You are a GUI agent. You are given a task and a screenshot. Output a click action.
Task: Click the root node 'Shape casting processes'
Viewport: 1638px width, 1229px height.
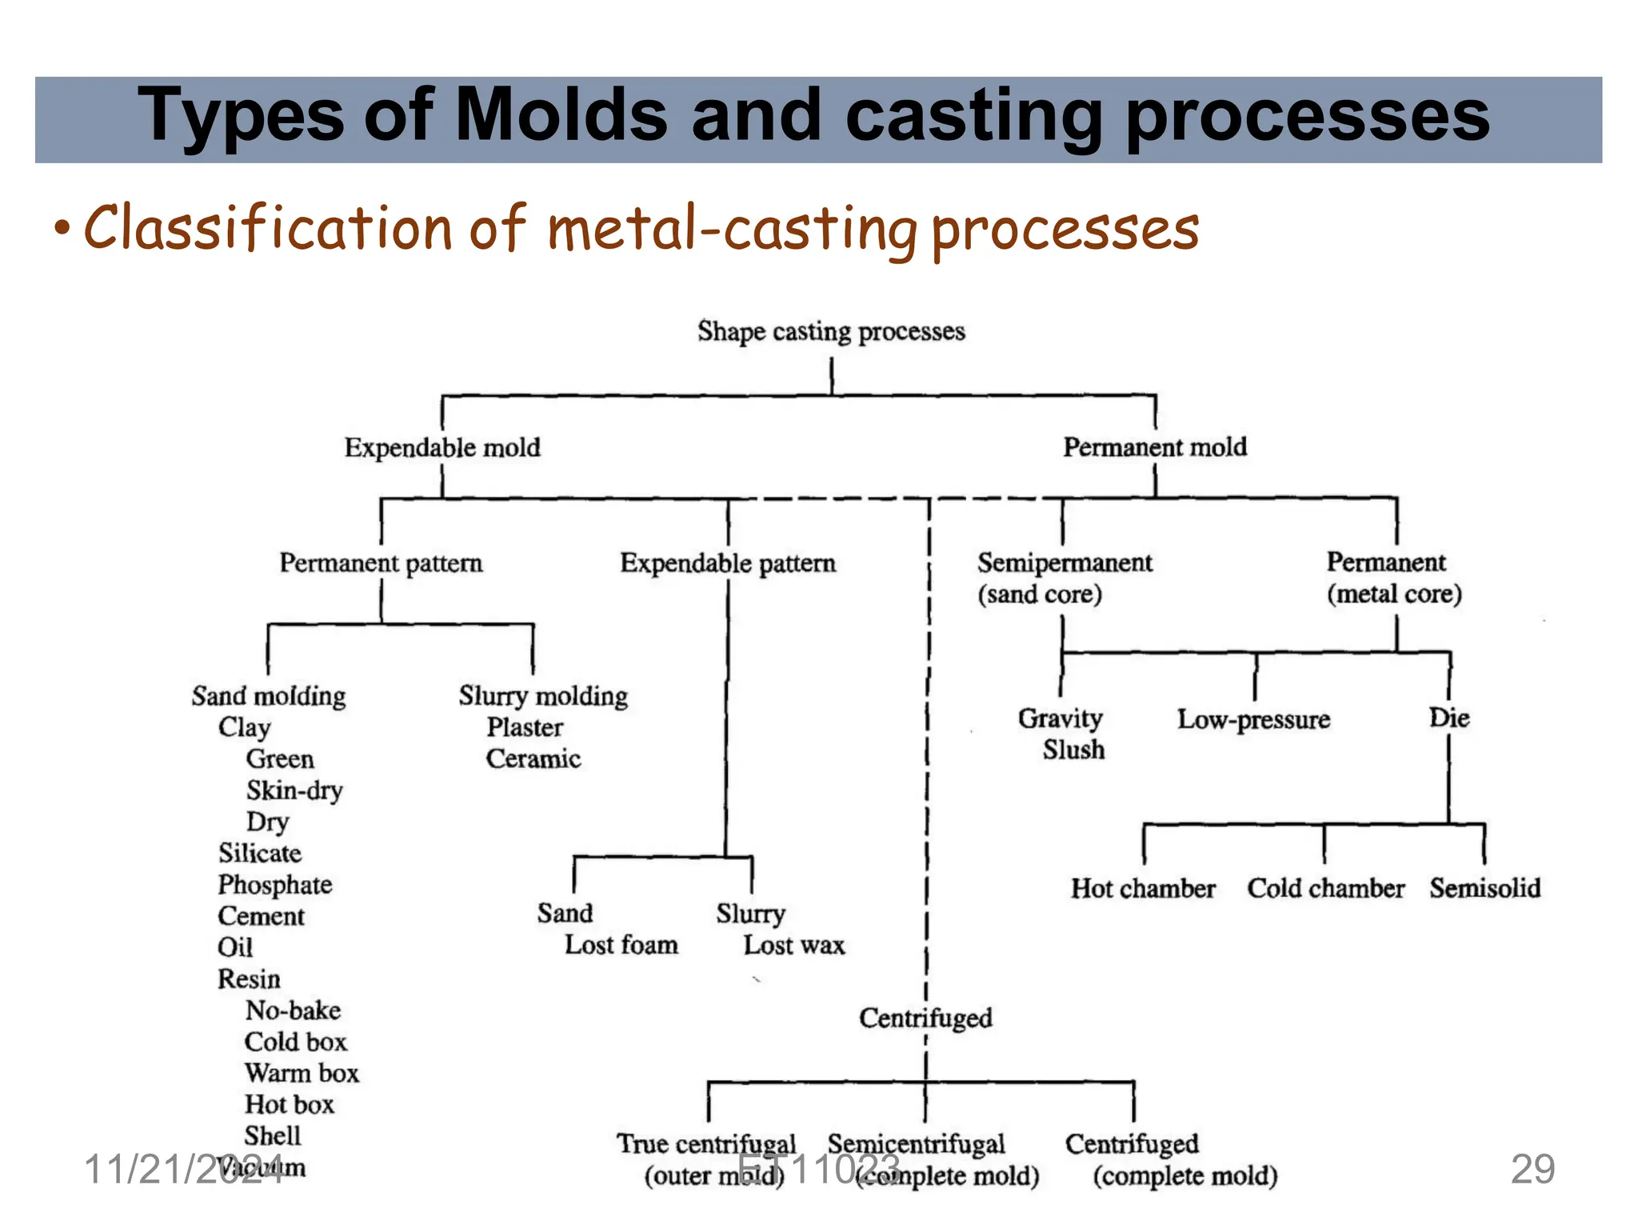coord(831,331)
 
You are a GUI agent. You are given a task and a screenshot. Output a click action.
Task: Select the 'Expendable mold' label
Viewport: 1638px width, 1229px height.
coord(442,447)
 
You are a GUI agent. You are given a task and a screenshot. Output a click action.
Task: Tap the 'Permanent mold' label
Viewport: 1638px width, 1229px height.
coord(1154,446)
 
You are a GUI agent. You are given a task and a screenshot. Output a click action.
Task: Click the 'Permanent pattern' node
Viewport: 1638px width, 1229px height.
coord(381,563)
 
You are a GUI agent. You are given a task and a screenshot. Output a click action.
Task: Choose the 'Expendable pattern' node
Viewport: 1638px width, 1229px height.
coord(728,563)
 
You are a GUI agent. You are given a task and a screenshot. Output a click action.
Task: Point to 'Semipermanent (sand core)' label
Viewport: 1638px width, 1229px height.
coord(1064,578)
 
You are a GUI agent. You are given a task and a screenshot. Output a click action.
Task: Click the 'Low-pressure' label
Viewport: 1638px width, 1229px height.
coord(1253,719)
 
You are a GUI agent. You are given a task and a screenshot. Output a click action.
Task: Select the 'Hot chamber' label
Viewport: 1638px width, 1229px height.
coord(1143,888)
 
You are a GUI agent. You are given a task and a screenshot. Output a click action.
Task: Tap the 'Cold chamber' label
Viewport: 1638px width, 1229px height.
coord(1325,888)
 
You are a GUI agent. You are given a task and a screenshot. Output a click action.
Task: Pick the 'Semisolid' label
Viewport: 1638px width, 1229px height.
coord(1485,888)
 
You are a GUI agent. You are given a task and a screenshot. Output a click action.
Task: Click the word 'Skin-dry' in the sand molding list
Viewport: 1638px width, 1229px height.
coord(294,791)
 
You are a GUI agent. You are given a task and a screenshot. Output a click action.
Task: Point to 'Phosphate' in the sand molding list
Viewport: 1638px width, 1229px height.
coord(274,885)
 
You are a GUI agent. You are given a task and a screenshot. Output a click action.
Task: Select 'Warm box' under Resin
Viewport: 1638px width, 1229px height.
coord(302,1073)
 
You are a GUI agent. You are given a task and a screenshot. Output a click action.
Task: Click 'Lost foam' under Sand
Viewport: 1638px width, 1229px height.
coord(621,945)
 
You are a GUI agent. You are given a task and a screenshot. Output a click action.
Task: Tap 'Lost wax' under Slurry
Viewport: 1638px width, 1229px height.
coord(793,945)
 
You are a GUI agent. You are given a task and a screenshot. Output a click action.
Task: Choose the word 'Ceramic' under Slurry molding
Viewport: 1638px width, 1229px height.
coord(533,759)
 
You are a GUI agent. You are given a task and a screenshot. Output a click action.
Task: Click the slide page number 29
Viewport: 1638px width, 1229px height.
coord(1532,1169)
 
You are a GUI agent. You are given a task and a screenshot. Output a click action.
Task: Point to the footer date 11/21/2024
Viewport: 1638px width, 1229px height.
coord(182,1170)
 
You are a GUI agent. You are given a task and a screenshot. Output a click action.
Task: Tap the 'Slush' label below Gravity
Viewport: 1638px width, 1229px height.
coord(1073,750)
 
